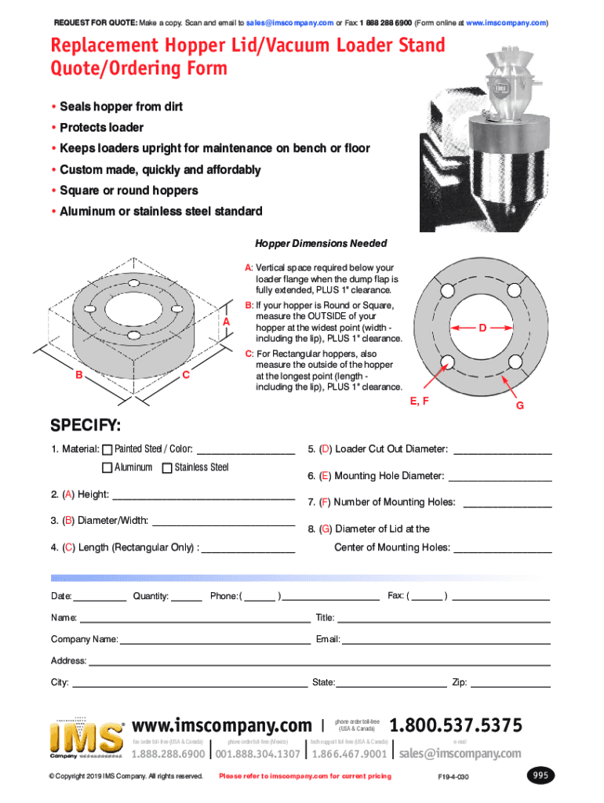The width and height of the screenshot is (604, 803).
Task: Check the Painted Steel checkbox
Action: [x=107, y=450]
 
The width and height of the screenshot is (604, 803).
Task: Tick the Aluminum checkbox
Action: [x=107, y=468]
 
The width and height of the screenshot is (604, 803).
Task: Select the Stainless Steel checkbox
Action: [x=167, y=468]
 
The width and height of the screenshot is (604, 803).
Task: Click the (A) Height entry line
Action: [x=204, y=496]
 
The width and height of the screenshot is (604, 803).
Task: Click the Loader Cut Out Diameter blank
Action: [x=502, y=452]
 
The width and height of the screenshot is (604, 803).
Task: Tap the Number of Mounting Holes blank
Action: [x=507, y=504]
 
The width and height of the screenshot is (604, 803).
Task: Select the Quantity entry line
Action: [x=187, y=598]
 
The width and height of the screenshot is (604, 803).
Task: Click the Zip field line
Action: [x=510, y=685]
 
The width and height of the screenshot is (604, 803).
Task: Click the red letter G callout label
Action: [x=519, y=406]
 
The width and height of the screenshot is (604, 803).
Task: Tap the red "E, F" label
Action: [x=420, y=401]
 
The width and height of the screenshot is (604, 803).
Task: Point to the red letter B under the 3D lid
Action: [x=79, y=375]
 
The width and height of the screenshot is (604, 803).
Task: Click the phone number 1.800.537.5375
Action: [x=455, y=726]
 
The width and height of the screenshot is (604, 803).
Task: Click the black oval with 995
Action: [x=540, y=776]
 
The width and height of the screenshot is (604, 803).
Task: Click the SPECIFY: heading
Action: [x=86, y=426]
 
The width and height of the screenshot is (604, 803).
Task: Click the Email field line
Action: [x=446, y=642]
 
